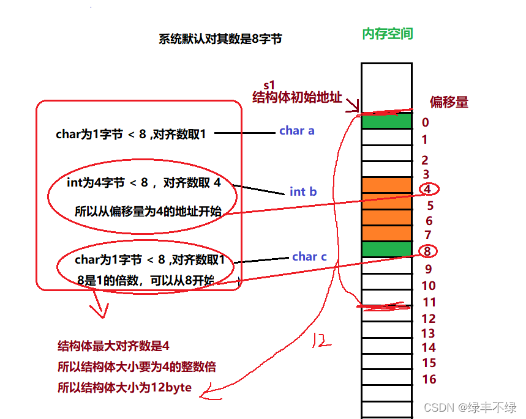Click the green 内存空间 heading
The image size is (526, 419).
[x=388, y=34]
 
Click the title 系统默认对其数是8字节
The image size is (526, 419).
[x=220, y=39]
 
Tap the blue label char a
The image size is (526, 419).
[x=297, y=130]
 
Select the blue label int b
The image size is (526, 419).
[x=303, y=191]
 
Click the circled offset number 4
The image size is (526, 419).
[x=427, y=189]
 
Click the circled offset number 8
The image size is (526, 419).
[x=427, y=251]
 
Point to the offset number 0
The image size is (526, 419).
[x=426, y=122]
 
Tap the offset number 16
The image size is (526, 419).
[x=429, y=379]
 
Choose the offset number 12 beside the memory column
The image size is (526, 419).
[x=429, y=319]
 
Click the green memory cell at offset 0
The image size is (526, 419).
[x=386, y=121]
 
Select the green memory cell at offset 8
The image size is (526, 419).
[x=386, y=249]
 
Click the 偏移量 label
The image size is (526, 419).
[x=449, y=102]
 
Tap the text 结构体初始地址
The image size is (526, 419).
[x=297, y=97]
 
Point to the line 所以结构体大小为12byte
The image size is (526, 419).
[x=124, y=387]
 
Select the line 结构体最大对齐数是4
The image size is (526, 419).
[x=113, y=346]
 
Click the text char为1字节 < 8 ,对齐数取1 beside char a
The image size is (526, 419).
[x=131, y=134]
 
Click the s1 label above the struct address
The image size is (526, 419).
[x=269, y=85]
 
